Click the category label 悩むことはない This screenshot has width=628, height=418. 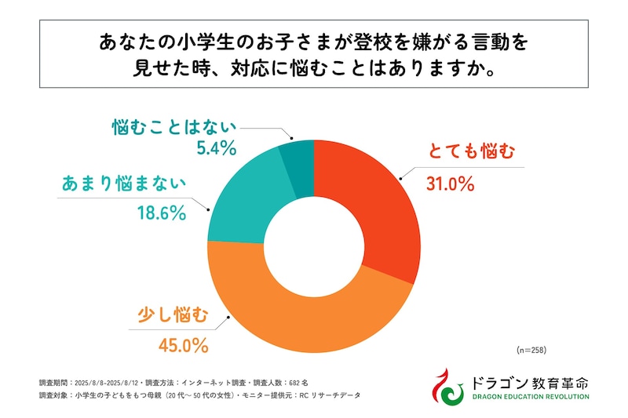pyautogui.click(x=172, y=125)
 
